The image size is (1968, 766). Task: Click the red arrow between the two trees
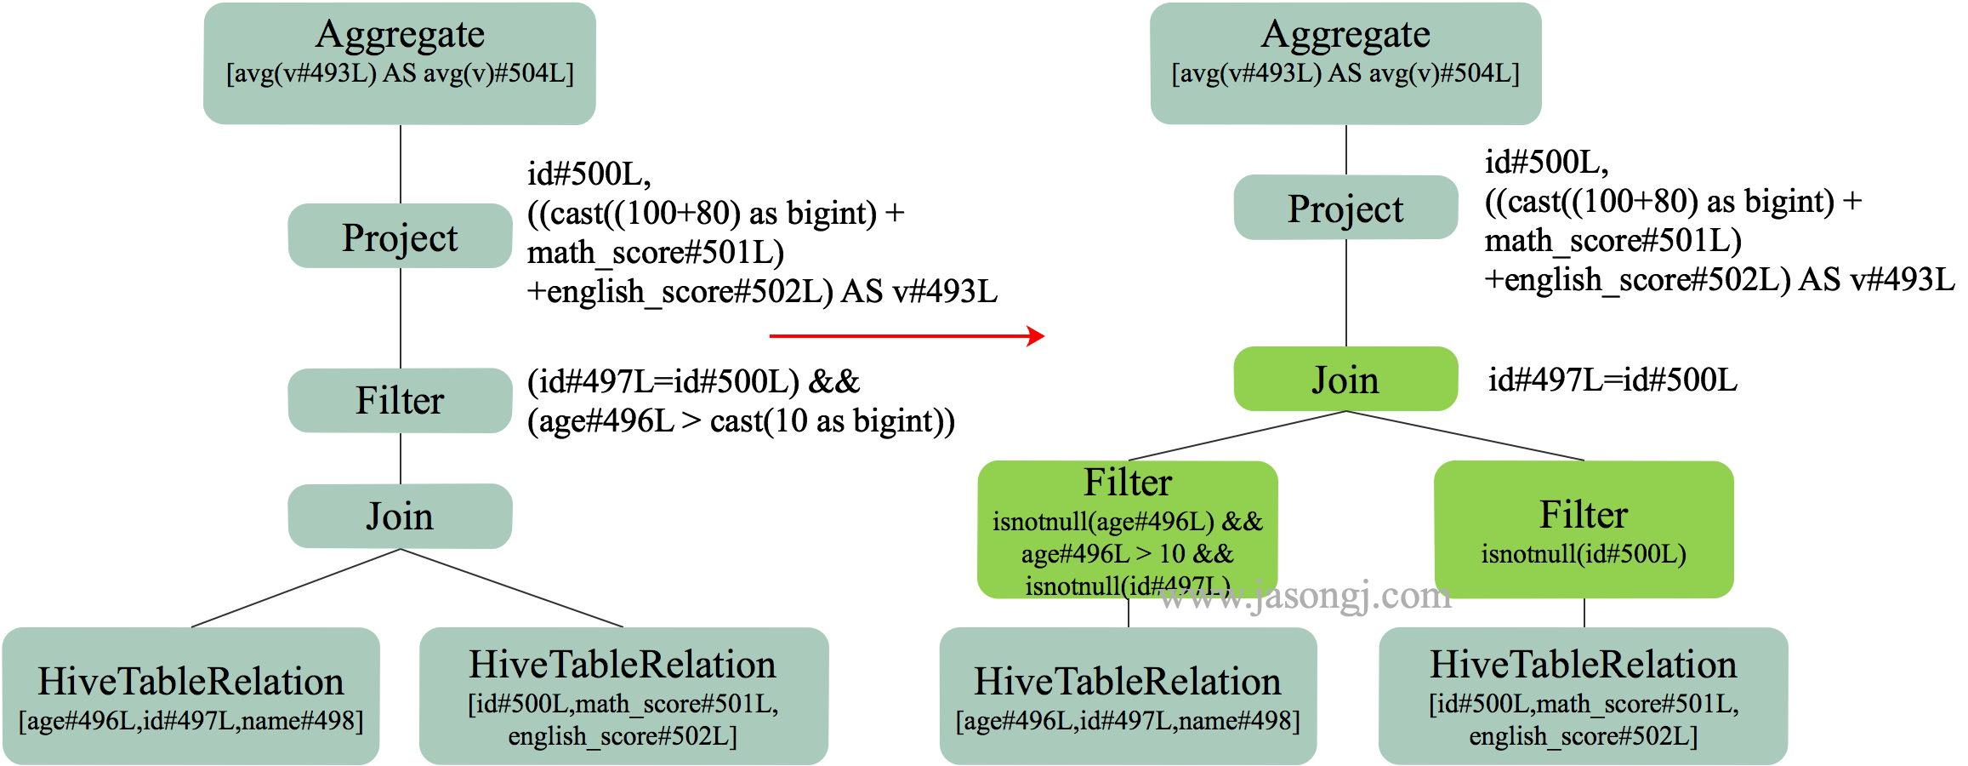tap(906, 336)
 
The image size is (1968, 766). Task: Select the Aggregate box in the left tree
tap(400, 63)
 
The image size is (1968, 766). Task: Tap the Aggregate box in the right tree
tap(1345, 63)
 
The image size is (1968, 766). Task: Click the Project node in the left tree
tap(400, 236)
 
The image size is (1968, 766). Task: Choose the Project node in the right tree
tap(1345, 208)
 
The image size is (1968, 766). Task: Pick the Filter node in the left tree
tap(400, 400)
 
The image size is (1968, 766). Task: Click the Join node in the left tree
tap(400, 516)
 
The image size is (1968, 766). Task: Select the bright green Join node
tap(1345, 379)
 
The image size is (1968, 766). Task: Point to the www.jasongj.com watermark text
tap(1305, 597)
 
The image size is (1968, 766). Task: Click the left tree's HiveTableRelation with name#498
tap(191, 696)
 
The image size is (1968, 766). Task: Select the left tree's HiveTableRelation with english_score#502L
tap(623, 696)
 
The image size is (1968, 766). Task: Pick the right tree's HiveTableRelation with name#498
tap(1128, 696)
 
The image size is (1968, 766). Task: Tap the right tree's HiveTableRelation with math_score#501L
tap(1583, 696)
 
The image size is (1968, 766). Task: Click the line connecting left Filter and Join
tap(401, 458)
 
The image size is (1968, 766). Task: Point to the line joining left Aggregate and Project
tap(401, 163)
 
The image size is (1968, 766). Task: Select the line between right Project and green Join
tap(1346, 293)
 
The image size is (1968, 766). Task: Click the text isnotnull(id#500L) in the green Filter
tap(1584, 554)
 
